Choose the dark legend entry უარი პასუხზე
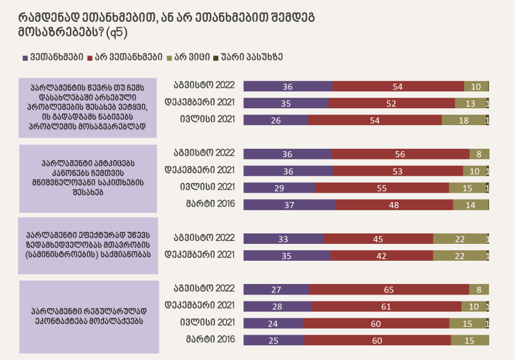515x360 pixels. pos(251,57)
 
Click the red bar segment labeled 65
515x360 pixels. pos(389,289)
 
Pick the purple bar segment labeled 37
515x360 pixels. pos(289,204)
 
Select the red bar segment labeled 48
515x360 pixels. pos(394,204)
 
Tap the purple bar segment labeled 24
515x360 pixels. pos(273,323)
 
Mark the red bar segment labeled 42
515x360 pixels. pos(382,255)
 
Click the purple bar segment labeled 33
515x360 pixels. pos(283,239)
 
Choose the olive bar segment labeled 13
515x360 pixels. pos(470,103)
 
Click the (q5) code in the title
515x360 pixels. pos(117,33)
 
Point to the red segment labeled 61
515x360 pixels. pos(386,306)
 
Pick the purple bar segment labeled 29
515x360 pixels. pos(279,187)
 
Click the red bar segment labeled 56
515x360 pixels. pos(400,154)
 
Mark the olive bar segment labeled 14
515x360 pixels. pos(471,204)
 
